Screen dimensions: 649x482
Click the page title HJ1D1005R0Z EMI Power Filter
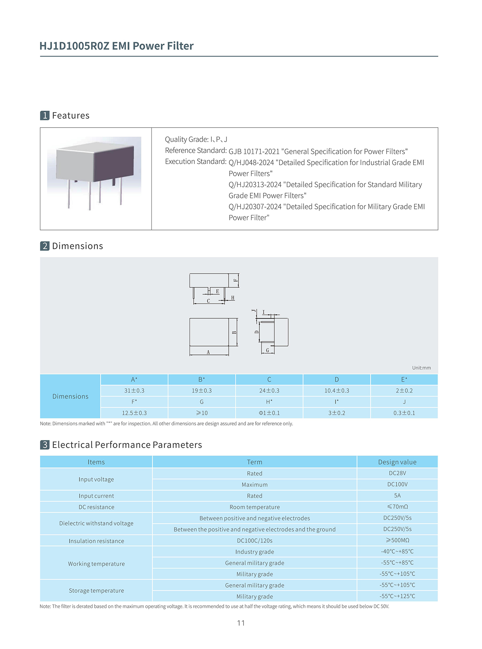116,46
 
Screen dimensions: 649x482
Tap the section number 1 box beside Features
45,116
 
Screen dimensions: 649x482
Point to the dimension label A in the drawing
208,352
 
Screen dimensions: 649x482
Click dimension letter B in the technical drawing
234,332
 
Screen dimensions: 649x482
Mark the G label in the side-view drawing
267,350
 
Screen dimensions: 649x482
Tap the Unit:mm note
421,368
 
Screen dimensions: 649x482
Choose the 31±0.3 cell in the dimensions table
134,391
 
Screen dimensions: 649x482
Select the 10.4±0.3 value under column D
337,391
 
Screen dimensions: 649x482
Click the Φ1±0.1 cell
269,413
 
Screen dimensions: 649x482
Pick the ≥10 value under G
201,413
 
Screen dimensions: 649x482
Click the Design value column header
397,462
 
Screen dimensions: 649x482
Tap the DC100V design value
397,484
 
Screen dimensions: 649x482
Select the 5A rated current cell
397,495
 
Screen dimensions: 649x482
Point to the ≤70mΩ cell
397,507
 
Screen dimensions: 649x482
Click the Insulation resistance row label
96,541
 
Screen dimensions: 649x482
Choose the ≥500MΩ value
397,540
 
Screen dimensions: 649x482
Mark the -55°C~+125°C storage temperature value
397,596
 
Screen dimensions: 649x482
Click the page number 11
241,623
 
